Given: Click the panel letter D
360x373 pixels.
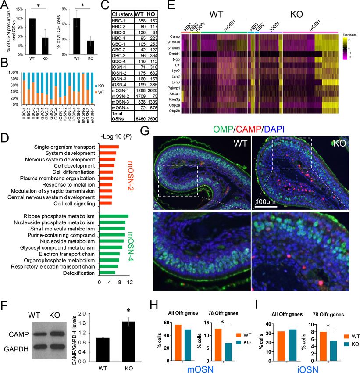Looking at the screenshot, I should tap(6, 136).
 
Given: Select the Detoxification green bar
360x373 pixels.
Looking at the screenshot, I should tap(107, 273).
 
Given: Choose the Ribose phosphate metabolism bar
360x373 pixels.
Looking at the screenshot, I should tap(114, 216).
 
